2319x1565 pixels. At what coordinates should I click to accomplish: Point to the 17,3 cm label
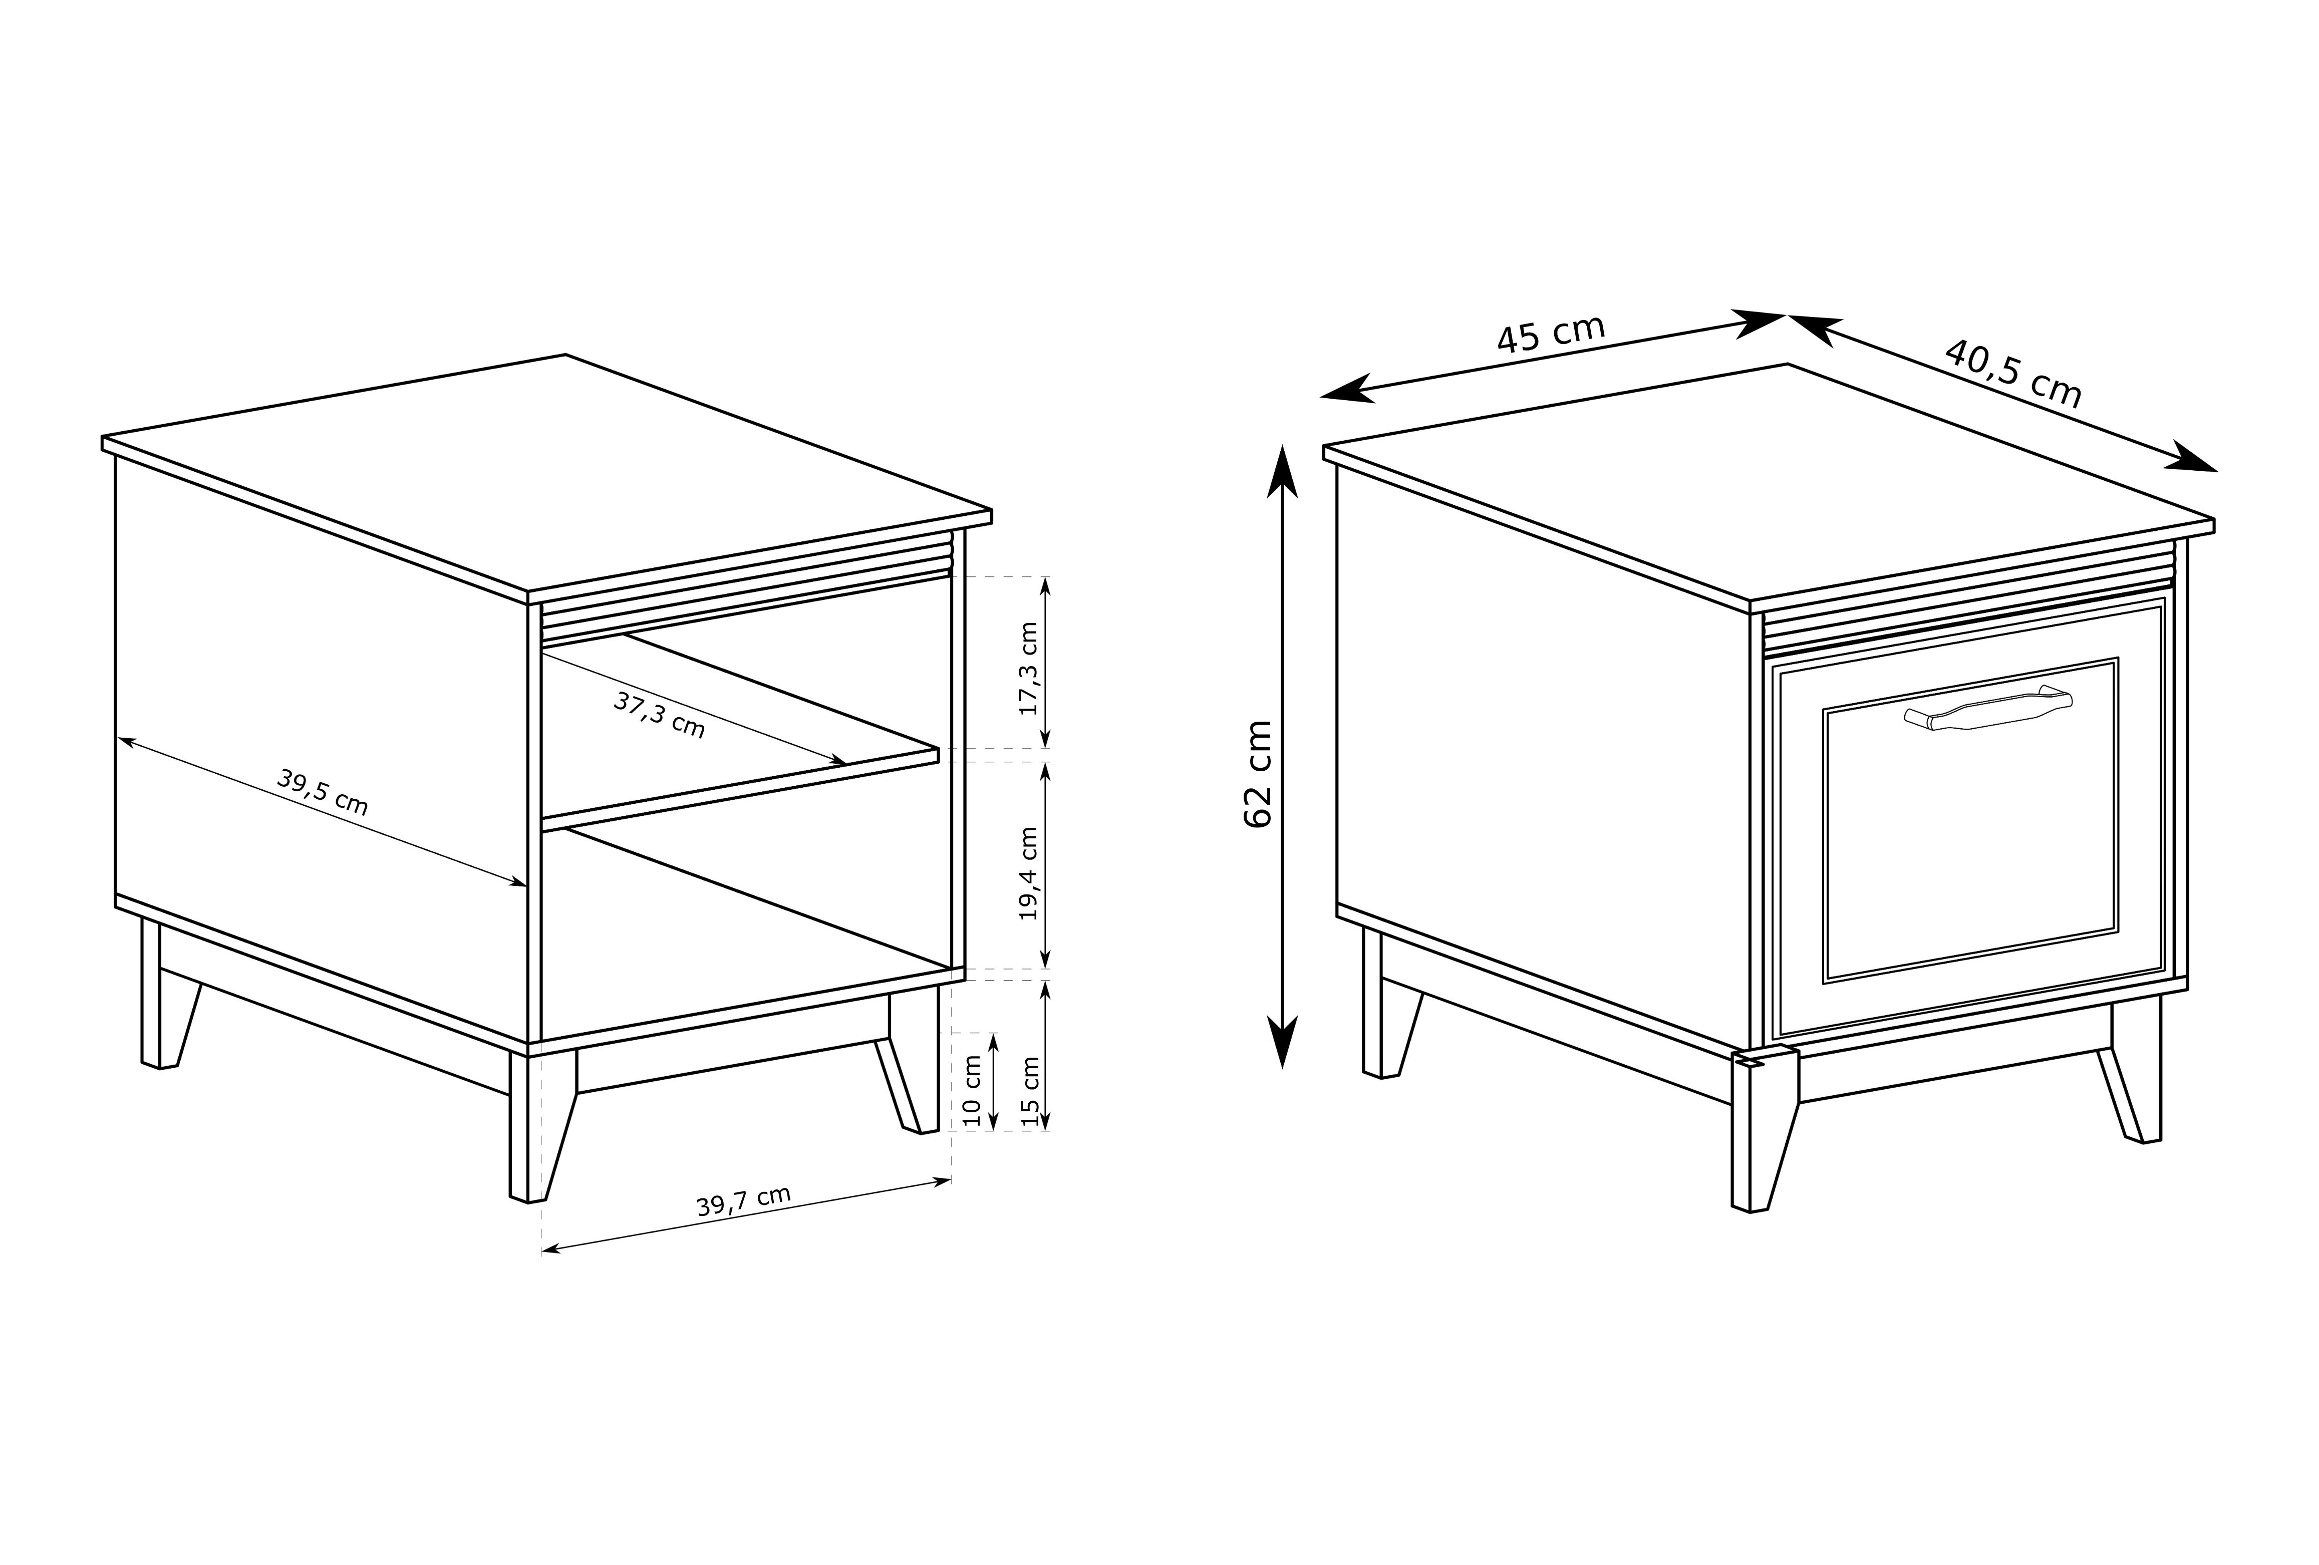1029,668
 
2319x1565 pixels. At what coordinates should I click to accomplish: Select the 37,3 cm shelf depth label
659,715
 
